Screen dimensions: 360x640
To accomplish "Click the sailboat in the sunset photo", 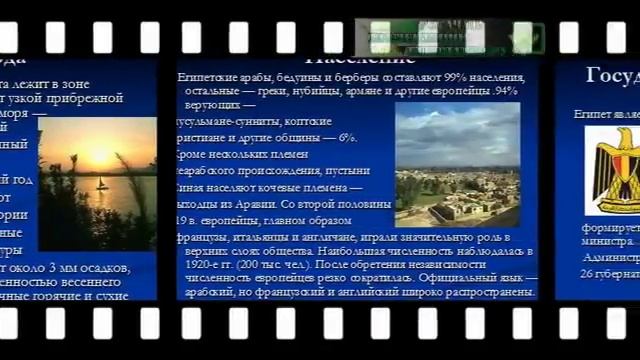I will point(101,184).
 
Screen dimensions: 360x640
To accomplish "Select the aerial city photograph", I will point(457,165).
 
